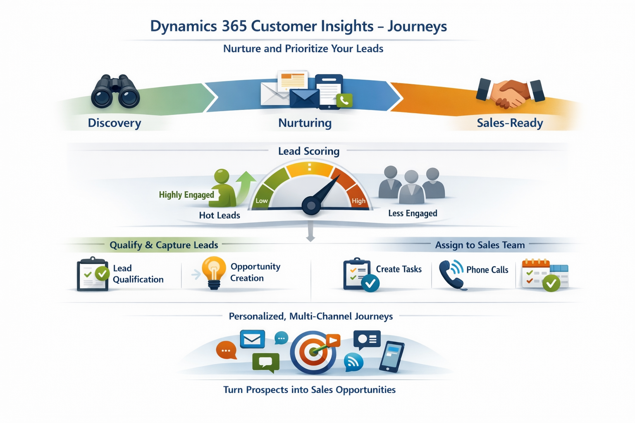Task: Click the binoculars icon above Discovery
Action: pyautogui.click(x=115, y=91)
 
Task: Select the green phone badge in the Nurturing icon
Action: pyautogui.click(x=344, y=100)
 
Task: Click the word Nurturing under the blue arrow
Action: pyautogui.click(x=305, y=123)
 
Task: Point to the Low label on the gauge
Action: pyautogui.click(x=261, y=201)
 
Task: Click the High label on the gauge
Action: pyautogui.click(x=358, y=201)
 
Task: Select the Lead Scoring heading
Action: pyautogui.click(x=309, y=151)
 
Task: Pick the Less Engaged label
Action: pyautogui.click(x=413, y=213)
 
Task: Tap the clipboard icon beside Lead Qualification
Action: pyautogui.click(x=93, y=274)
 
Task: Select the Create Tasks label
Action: pyautogui.click(x=399, y=269)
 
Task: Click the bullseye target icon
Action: pyautogui.click(x=313, y=352)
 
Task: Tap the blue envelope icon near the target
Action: pyautogui.click(x=252, y=339)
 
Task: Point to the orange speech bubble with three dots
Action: pyautogui.click(x=226, y=350)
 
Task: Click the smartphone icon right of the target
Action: pyautogui.click(x=392, y=356)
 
